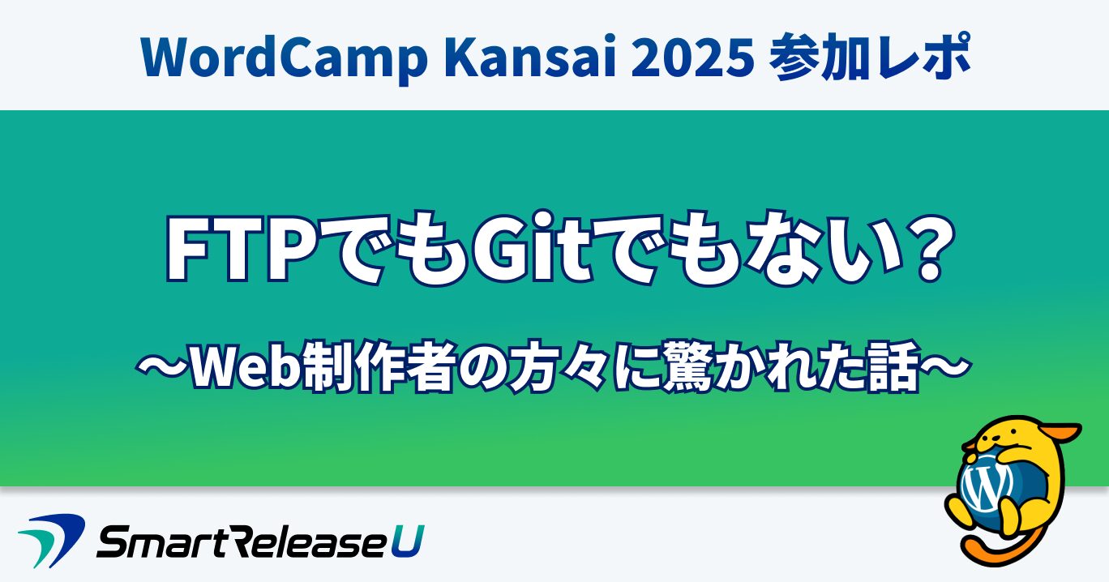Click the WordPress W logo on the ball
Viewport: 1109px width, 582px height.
986,486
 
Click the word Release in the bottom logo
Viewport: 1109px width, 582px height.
303,540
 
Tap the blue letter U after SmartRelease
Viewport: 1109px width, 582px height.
408,540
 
